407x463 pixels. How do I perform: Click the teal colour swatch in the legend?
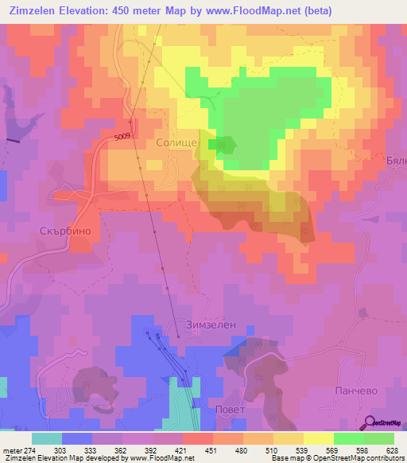[47, 438]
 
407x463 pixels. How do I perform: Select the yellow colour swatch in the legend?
[319, 438]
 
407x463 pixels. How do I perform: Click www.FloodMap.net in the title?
[245, 10]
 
